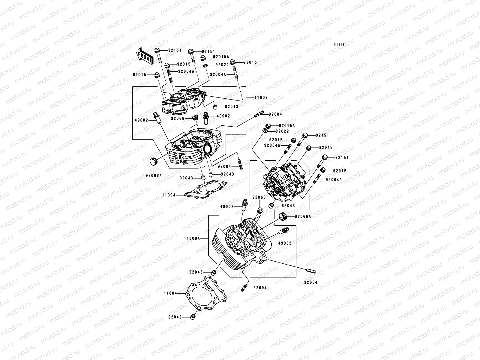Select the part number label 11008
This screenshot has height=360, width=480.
(x=261, y=98)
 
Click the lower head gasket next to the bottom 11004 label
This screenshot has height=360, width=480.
(x=207, y=295)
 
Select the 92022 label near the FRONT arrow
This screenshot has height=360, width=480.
(x=222, y=65)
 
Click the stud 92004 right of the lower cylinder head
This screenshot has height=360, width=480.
(x=310, y=271)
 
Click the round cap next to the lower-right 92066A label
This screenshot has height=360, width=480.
(x=282, y=216)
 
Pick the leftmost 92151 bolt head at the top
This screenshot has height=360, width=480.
(x=157, y=50)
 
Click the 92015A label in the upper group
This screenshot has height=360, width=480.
(x=221, y=57)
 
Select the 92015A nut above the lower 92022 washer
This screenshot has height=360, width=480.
(x=268, y=126)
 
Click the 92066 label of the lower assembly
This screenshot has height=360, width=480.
(x=259, y=197)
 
